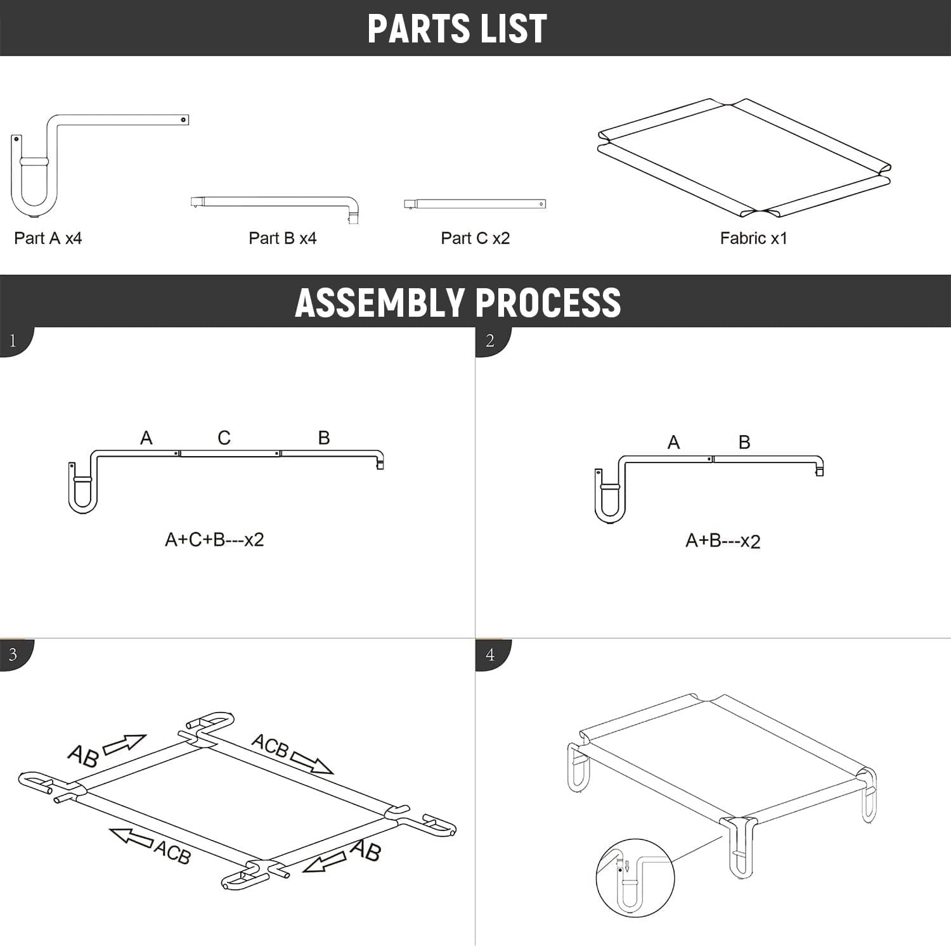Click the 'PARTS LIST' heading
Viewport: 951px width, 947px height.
tap(456, 29)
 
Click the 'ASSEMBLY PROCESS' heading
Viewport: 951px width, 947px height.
tap(458, 302)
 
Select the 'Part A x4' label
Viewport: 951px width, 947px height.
tap(48, 238)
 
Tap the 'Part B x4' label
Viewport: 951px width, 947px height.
tap(282, 238)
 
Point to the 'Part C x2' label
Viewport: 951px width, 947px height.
tap(475, 238)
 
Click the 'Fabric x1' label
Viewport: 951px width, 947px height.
tap(753, 238)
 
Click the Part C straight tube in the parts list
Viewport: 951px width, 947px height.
tap(475, 204)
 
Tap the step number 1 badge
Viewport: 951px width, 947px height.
tap(13, 341)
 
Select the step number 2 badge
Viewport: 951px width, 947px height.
tap(489, 341)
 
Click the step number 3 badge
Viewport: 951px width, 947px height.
tap(13, 654)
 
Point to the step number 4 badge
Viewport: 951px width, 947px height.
tap(489, 654)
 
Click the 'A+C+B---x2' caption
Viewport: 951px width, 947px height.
tap(214, 540)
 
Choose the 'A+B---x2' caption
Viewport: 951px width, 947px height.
tap(723, 541)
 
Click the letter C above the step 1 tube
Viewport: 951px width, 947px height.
tap(224, 438)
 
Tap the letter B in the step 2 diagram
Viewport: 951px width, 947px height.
tap(744, 442)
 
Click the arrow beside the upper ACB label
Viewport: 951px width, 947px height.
tap(311, 763)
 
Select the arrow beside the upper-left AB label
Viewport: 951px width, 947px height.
tap(124, 744)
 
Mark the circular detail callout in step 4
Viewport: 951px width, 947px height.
tap(635, 878)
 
